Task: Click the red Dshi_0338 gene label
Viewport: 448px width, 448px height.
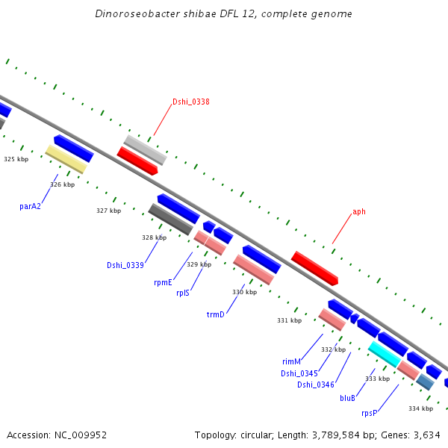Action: pyautogui.click(x=191, y=102)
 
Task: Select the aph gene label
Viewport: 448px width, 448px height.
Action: pyautogui.click(x=359, y=212)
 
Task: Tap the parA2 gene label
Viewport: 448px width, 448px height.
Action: pyautogui.click(x=30, y=206)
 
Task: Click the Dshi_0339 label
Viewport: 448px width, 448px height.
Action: pyautogui.click(x=125, y=265)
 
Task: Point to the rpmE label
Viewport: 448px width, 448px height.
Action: pyautogui.click(x=163, y=282)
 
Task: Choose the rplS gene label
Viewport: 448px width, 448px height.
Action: pyautogui.click(x=183, y=293)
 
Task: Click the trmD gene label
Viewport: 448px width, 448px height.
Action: pyautogui.click(x=216, y=314)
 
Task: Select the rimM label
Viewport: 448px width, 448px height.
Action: pyautogui.click(x=291, y=361)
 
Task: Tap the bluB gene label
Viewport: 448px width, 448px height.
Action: pyautogui.click(x=347, y=398)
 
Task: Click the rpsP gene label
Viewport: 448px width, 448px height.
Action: pyautogui.click(x=369, y=414)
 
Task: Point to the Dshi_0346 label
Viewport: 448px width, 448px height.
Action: pyautogui.click(x=316, y=385)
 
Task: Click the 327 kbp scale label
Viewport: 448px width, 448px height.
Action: pyautogui.click(x=108, y=211)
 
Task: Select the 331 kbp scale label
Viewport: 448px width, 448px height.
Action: pyautogui.click(x=290, y=320)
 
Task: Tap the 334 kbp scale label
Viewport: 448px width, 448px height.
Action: pyautogui.click(x=420, y=408)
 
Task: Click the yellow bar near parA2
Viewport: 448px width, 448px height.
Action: pyautogui.click(x=66, y=159)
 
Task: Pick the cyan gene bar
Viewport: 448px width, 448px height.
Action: pyautogui.click(x=385, y=354)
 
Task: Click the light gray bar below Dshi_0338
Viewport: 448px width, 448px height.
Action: pyautogui.click(x=145, y=150)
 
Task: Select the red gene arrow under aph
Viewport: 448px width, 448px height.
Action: pyautogui.click(x=314, y=268)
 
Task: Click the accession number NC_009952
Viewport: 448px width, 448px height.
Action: pyautogui.click(x=81, y=435)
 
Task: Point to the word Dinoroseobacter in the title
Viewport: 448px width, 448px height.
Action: pyautogui.click(x=137, y=13)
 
